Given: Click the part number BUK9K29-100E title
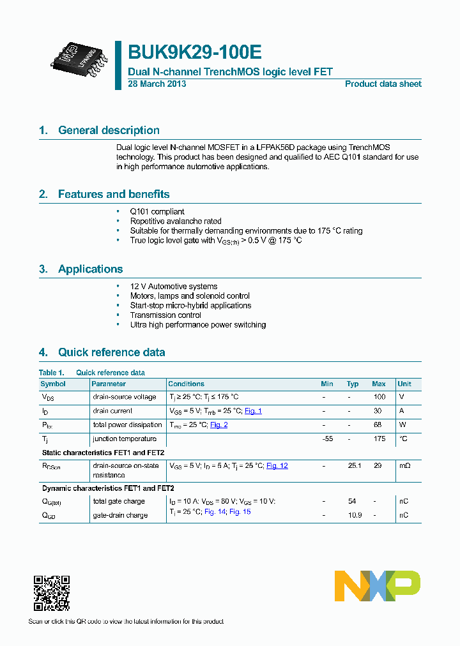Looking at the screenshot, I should pyautogui.click(x=195, y=52).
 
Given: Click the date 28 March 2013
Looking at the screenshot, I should pyautogui.click(x=157, y=84).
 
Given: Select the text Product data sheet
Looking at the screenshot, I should pyautogui.click(x=383, y=84).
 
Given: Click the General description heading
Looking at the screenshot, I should pyautogui.click(x=109, y=130).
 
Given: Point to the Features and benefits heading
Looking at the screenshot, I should pyautogui.click(x=114, y=194).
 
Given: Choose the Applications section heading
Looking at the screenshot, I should pyautogui.click(x=90, y=269).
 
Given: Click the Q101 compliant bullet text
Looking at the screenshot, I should pyautogui.click(x=157, y=211).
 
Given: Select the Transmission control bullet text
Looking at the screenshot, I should pyautogui.click(x=165, y=315).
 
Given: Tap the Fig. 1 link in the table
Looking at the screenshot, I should pyautogui.click(x=253, y=411).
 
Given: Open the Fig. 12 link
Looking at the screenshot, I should pyautogui.click(x=277, y=466).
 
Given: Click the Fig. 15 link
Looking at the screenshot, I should pyautogui.click(x=240, y=512).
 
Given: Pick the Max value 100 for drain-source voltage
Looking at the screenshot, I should pyautogui.click(x=379, y=397).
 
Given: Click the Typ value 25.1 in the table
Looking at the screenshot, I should pyautogui.click(x=354, y=466).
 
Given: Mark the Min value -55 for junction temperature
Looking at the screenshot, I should pyautogui.click(x=328, y=439).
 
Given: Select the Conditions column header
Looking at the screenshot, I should pyautogui.click(x=186, y=384).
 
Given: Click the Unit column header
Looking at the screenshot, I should pyautogui.click(x=404, y=384).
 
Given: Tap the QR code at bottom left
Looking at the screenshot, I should pyautogui.click(x=52, y=593).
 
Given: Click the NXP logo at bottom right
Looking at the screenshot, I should pyautogui.click(x=378, y=586).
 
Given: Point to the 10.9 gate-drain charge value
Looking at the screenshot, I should pyautogui.click(x=354, y=516).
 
